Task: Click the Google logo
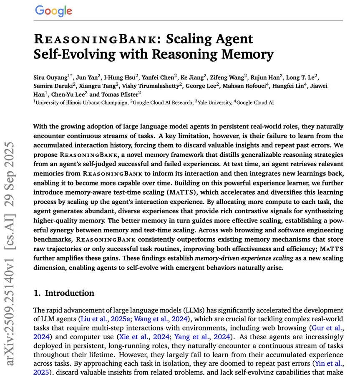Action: (x=53, y=11)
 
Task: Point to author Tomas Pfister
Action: (x=121, y=94)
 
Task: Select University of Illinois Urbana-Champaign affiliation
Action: (x=82, y=102)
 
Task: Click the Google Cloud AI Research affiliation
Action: (x=162, y=102)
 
